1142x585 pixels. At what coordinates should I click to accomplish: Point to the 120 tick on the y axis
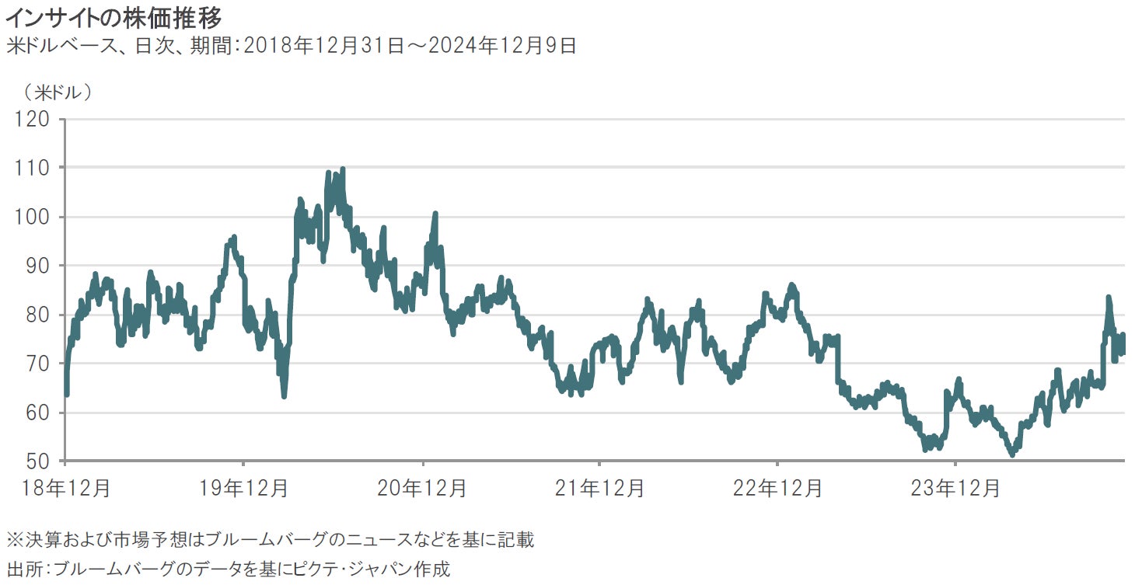[32, 120]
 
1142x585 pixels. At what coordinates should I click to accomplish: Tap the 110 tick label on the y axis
[32, 169]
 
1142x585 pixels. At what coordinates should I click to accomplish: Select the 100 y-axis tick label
[32, 218]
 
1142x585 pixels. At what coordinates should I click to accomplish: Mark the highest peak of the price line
[342, 169]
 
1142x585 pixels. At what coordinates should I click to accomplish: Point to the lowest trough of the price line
[1011, 455]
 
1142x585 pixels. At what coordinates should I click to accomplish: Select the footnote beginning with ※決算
[270, 539]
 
